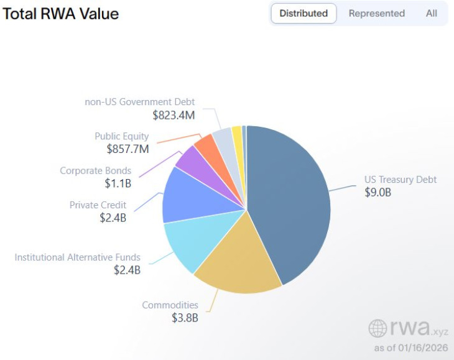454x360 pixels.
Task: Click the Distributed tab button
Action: pyautogui.click(x=303, y=13)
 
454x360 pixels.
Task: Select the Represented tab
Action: pyautogui.click(x=376, y=13)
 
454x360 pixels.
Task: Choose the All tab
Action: pyautogui.click(x=431, y=13)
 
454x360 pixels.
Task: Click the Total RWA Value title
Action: pyautogui.click(x=61, y=13)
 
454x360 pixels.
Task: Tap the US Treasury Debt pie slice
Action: pyautogui.click(x=292, y=199)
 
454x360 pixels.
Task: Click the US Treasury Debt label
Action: pyautogui.click(x=401, y=180)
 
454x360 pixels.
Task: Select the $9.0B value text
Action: pyautogui.click(x=378, y=192)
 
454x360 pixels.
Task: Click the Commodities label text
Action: pyautogui.click(x=170, y=305)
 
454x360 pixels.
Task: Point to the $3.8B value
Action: pyautogui.click(x=185, y=318)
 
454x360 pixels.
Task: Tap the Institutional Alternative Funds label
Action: pyautogui.click(x=78, y=257)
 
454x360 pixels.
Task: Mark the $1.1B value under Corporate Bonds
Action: pyautogui.click(x=118, y=183)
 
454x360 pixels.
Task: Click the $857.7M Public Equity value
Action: pyautogui.click(x=127, y=149)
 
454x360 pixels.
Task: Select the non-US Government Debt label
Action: pyautogui.click(x=139, y=102)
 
